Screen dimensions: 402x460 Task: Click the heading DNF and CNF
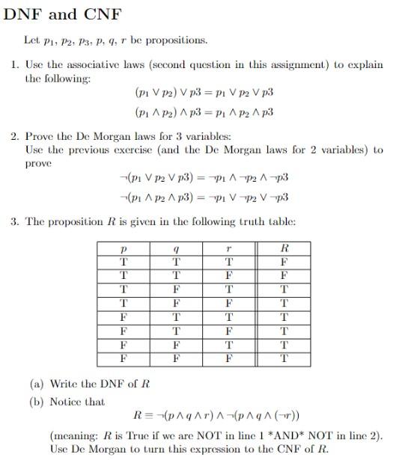[x=64, y=14]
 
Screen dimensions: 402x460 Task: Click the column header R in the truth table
[x=283, y=248]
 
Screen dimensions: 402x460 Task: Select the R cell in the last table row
[x=283, y=358]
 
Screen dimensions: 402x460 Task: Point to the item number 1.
[x=15, y=64]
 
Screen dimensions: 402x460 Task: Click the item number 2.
[x=15, y=137]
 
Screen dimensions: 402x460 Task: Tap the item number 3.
[x=15, y=221]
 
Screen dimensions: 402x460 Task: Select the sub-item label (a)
[x=37, y=384]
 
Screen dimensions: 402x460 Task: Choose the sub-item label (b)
[x=37, y=402]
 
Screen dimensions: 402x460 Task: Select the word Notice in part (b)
[x=65, y=402]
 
